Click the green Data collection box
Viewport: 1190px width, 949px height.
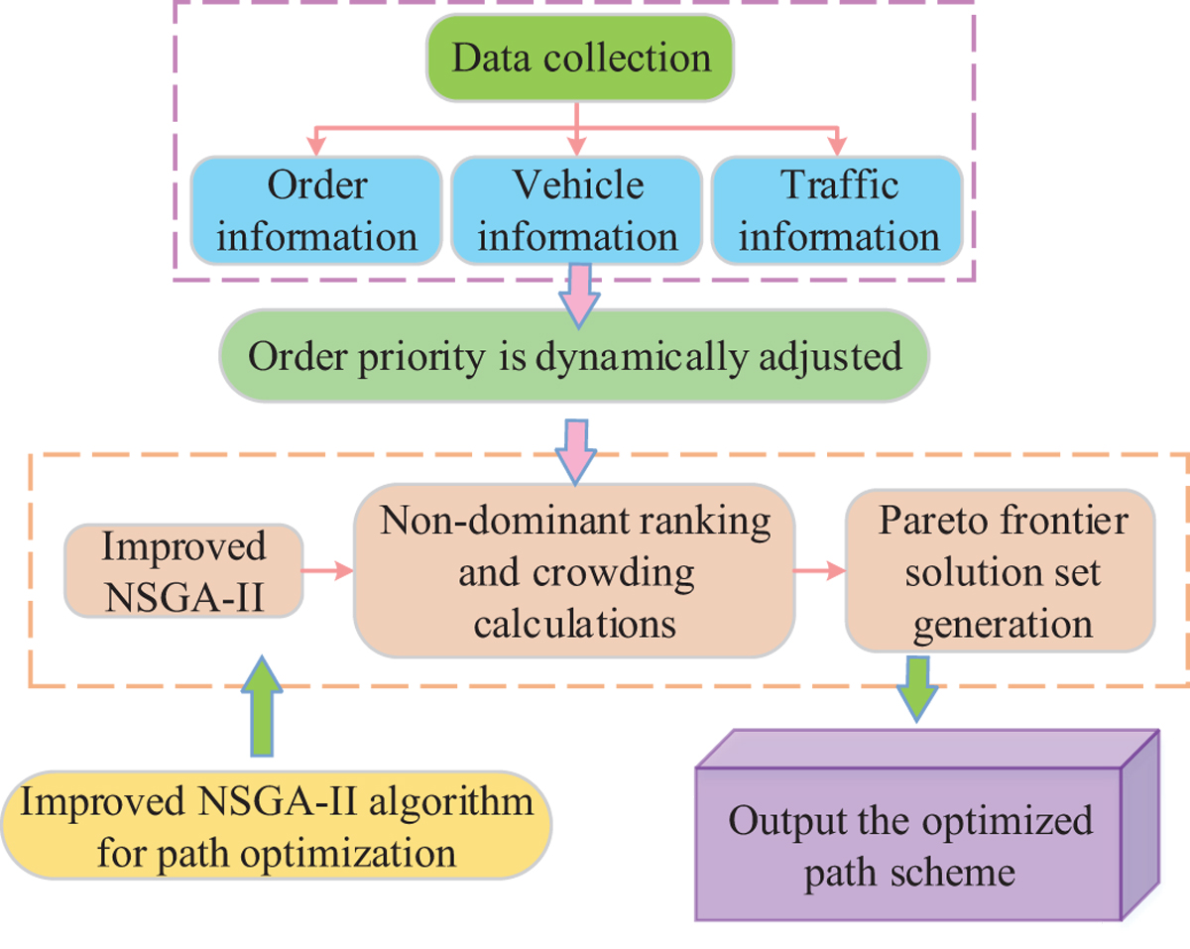[x=581, y=58]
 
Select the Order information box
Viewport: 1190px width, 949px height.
[x=316, y=210]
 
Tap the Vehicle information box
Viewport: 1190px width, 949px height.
[x=577, y=210]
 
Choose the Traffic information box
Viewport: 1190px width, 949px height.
[x=838, y=210]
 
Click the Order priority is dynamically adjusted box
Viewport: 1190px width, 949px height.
[x=575, y=356]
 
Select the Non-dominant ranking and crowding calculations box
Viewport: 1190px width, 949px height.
[x=574, y=572]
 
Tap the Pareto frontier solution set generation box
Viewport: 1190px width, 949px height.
[x=1002, y=572]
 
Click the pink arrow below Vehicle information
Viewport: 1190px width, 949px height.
[x=576, y=293]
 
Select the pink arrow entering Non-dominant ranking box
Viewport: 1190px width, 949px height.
[x=576, y=449]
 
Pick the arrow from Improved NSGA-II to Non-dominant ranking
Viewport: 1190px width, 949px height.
[x=327, y=570]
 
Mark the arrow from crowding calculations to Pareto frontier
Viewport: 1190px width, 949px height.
[x=818, y=570]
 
